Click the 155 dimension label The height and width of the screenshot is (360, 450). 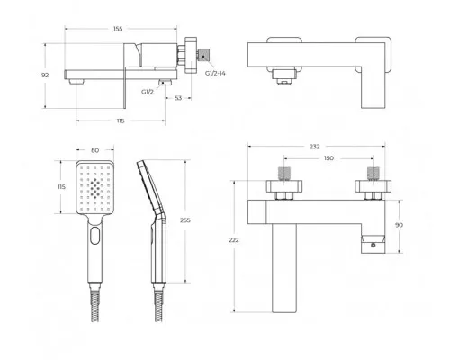pos(118,29)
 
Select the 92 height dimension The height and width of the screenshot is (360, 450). pos(45,75)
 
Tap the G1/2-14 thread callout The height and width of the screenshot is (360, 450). pos(215,73)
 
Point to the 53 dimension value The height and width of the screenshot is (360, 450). pos(178,98)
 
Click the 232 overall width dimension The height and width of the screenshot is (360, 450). pos(314,147)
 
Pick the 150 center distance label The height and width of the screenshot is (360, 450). pos(328,158)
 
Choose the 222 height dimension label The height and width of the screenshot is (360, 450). pos(233,240)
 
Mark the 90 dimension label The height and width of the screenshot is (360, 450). pos(399,225)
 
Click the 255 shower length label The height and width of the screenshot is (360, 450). pos(185,220)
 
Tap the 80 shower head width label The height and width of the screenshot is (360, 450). pos(94,150)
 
